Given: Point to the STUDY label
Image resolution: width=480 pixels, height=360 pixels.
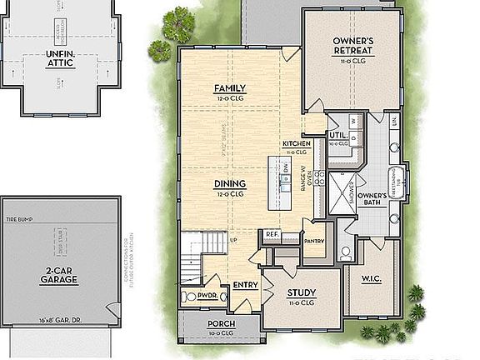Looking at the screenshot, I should [300, 292].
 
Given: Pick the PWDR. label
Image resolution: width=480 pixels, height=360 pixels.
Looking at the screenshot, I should [207, 294].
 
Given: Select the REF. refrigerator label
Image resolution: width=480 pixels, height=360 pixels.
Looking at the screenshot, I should [272, 234].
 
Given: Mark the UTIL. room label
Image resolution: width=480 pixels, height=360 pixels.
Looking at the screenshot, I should [337, 135].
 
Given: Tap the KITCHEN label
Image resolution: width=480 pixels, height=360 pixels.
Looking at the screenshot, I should [297, 144].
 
